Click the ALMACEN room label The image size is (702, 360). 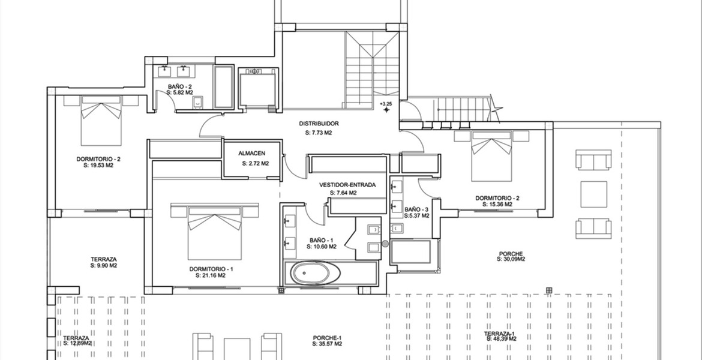251,154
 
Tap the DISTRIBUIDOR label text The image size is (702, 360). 319,124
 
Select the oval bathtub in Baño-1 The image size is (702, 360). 315,273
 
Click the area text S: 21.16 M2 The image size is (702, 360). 211,276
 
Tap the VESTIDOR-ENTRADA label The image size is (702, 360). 347,185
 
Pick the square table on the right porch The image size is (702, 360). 593,194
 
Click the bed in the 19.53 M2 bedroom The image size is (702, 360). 101,121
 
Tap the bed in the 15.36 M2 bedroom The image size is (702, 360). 491,156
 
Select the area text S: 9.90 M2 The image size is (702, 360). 103,266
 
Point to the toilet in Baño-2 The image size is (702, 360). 197,103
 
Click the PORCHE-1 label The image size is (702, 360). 327,338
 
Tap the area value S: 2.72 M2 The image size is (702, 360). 255,163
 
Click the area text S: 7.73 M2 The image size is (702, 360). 319,133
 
